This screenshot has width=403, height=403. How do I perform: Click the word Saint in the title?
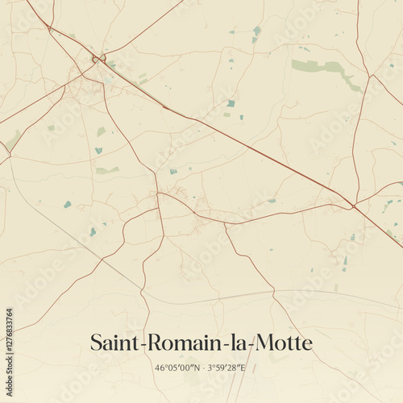[114, 343]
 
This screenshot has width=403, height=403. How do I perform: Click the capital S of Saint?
[95, 343]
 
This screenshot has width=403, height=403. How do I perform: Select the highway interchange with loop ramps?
[98, 59]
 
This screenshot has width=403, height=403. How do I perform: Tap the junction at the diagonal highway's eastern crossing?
[353, 206]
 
